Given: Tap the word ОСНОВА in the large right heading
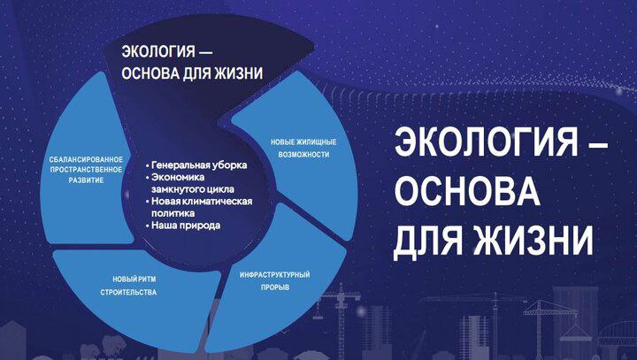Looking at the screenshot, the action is (x=467, y=191).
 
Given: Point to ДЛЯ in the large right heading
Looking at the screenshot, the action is (x=428, y=241).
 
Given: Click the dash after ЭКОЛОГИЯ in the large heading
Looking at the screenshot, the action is (x=598, y=144).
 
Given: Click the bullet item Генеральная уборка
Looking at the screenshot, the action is (x=196, y=165).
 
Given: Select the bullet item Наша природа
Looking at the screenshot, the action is (x=183, y=226).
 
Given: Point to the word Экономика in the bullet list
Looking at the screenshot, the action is (x=178, y=177).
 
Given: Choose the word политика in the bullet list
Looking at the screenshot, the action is (x=173, y=213).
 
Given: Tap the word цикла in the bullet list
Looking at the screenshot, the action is (x=220, y=189).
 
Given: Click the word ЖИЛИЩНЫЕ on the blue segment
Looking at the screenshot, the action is (x=317, y=142).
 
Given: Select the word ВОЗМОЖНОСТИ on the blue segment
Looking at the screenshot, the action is (x=303, y=155).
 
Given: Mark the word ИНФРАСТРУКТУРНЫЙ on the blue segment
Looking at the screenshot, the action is (x=274, y=275).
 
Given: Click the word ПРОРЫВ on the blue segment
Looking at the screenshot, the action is (x=275, y=287).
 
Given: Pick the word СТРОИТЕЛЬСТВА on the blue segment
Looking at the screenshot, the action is (x=128, y=292).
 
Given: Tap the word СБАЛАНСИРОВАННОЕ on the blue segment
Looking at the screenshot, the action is (x=86, y=160).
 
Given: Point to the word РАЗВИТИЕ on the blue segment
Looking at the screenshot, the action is (x=86, y=180).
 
